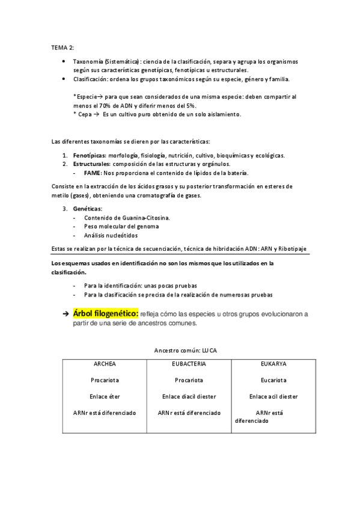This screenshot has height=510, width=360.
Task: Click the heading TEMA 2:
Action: tap(62, 48)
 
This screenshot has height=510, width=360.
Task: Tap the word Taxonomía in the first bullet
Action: tap(87, 62)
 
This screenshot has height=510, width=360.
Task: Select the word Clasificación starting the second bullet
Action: tap(90, 79)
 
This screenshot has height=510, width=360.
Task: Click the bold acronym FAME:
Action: tap(93, 173)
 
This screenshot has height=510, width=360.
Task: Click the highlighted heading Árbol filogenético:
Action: tap(106, 313)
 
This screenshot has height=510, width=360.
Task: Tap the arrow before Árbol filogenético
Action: tap(65, 314)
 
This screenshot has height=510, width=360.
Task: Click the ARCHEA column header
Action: tap(105, 364)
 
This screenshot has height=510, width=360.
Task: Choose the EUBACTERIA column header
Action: tap(189, 364)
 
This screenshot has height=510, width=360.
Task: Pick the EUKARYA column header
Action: tap(273, 364)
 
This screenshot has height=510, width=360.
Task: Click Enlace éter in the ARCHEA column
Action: tap(105, 396)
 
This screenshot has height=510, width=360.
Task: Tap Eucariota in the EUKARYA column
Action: tap(273, 380)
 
